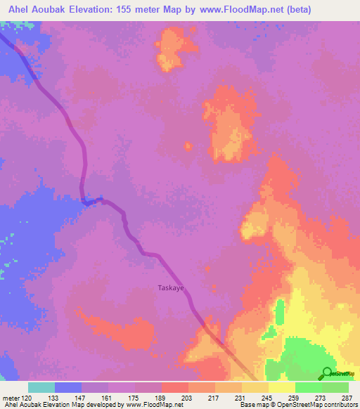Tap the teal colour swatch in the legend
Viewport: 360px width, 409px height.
click(41, 387)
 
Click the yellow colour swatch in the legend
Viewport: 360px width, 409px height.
click(281, 387)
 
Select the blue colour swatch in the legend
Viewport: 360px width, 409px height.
click(68, 387)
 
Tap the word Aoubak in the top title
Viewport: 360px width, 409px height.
click(51, 8)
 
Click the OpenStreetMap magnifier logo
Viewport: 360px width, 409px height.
click(328, 372)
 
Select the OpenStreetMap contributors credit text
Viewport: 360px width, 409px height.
click(316, 405)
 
